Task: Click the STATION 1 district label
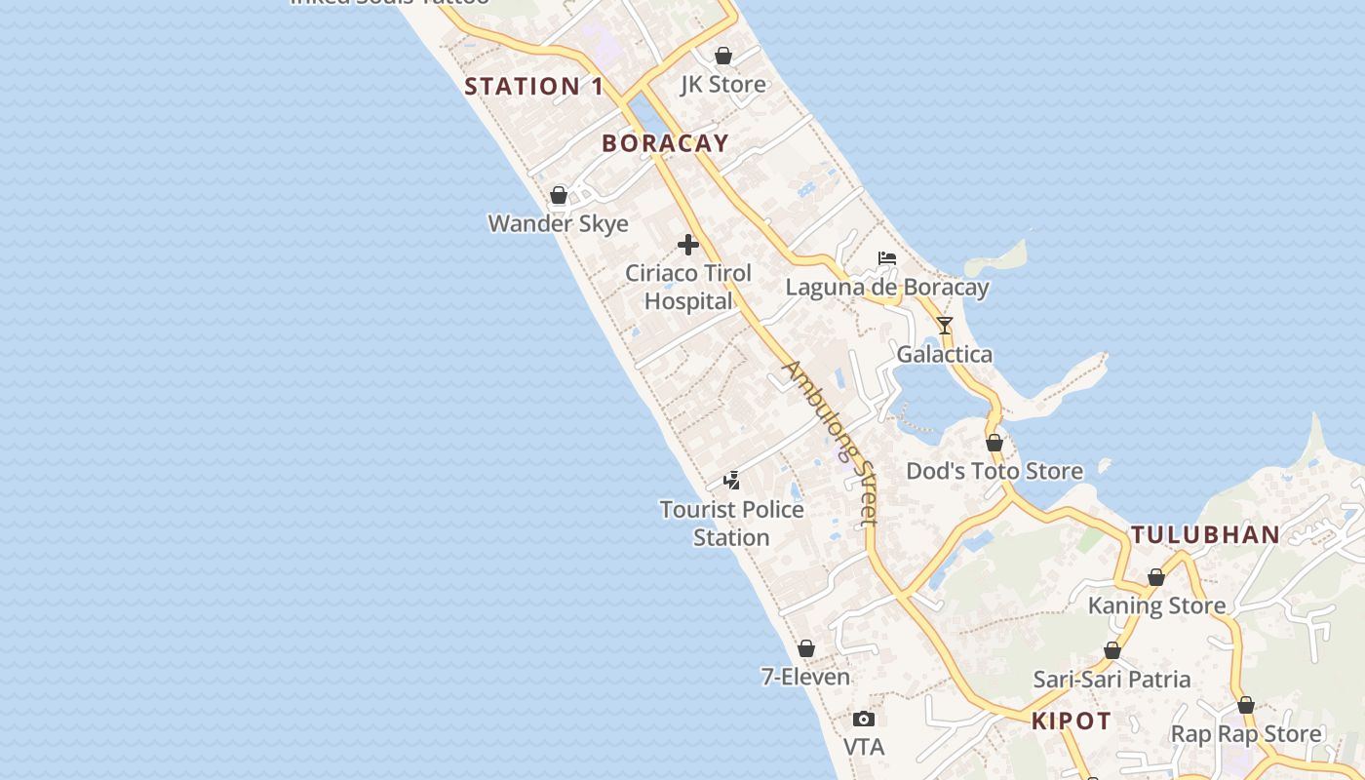tap(533, 86)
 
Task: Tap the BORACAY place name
tap(665, 143)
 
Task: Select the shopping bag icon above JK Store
tap(723, 56)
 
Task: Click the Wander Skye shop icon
tap(559, 195)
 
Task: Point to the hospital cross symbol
tap(688, 245)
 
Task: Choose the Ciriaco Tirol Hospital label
tap(688, 287)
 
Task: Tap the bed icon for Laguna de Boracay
tap(887, 258)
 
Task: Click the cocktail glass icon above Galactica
tap(945, 325)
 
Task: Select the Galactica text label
tap(945, 354)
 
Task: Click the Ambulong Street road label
tap(832, 442)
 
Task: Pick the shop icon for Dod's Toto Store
tap(994, 443)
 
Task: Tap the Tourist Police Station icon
tap(731, 480)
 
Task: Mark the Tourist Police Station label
tap(731, 523)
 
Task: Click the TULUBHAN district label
tap(1205, 534)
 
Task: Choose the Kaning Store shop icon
tap(1156, 577)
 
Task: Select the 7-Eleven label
tap(805, 677)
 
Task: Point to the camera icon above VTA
tap(863, 720)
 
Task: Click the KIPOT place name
tap(1072, 721)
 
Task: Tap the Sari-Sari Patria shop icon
tap(1112, 650)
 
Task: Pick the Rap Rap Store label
tap(1246, 733)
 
